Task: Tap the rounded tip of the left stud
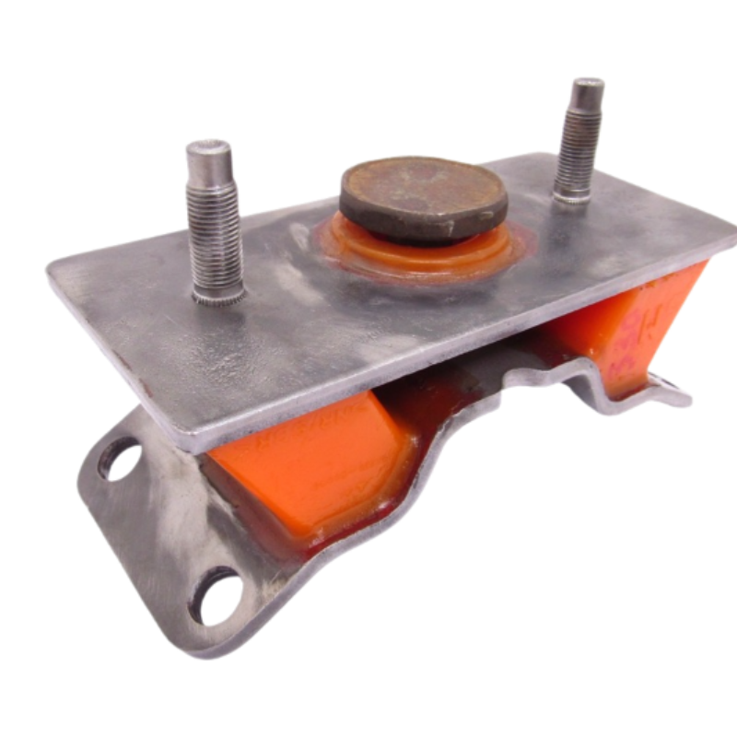(x=205, y=151)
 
